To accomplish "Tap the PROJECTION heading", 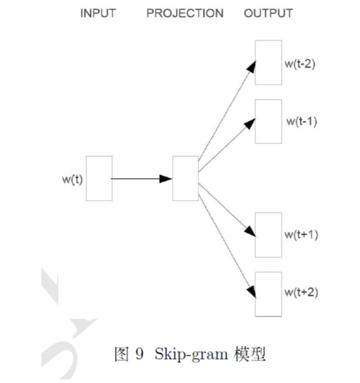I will click(x=185, y=13).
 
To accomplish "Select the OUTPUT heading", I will click(x=268, y=13).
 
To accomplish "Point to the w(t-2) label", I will click(x=300, y=64).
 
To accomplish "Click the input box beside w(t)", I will click(x=99, y=179).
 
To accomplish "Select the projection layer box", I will click(x=185, y=179).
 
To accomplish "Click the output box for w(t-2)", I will click(x=268, y=62).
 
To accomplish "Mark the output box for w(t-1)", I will click(x=268, y=121).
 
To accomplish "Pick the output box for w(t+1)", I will click(x=268, y=235).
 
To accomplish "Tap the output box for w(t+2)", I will click(x=268, y=294).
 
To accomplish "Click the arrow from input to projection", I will click(x=139, y=179).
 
